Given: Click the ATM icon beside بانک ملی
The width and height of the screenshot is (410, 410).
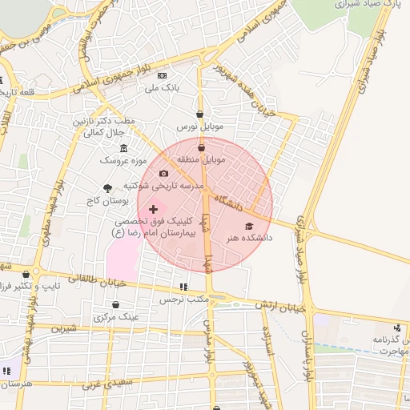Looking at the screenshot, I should click(x=163, y=75).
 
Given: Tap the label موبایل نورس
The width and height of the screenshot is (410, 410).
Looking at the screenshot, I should click(x=198, y=127).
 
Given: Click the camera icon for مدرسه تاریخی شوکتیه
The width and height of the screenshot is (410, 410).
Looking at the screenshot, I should click(x=163, y=174).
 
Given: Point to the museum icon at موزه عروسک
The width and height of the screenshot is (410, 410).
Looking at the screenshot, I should click(x=123, y=149).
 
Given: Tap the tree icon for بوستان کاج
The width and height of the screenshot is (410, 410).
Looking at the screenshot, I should click(x=107, y=187).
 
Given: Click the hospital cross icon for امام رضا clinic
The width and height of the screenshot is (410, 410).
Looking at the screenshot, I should click(x=154, y=209).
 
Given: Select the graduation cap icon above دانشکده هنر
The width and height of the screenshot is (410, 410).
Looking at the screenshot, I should click(x=248, y=227).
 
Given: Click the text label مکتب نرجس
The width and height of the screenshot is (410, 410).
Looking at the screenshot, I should click(x=183, y=299).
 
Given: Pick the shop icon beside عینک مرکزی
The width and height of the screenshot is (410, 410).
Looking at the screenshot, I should click(x=116, y=305).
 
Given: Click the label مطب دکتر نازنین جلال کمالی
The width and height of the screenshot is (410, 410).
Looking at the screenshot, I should click(x=111, y=127).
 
